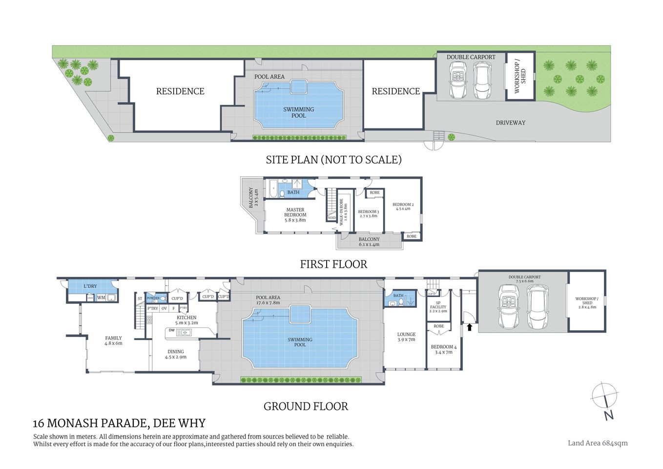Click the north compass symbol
(605, 399)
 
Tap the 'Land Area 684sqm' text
(598, 443)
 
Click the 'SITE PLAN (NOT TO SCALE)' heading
(333, 160)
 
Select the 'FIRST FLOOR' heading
(333, 264)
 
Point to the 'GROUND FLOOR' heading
(306, 406)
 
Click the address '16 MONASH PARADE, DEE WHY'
(119, 423)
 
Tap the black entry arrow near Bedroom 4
(470, 327)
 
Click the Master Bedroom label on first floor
(295, 215)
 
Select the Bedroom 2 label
(403, 206)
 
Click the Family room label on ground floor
(113, 341)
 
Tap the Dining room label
(176, 354)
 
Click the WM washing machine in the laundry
(101, 298)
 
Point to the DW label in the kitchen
(171, 330)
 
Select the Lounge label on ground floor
(406, 337)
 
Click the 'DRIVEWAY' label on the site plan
(511, 123)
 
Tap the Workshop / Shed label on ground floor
(586, 302)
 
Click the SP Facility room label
(438, 307)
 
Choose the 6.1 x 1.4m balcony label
(369, 242)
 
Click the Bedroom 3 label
(369, 213)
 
